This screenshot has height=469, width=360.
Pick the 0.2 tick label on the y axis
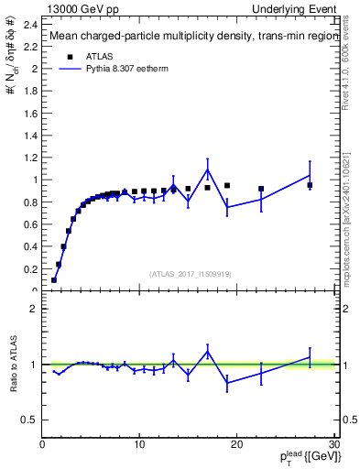[30, 269]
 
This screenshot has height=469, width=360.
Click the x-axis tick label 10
[139, 444]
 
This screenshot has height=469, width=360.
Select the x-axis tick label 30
[333, 444]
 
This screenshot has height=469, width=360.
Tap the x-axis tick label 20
[236, 444]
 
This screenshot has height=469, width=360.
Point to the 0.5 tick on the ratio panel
[30, 420]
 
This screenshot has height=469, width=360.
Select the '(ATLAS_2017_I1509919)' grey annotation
[190, 274]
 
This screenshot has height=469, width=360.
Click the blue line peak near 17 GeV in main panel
[208, 169]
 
